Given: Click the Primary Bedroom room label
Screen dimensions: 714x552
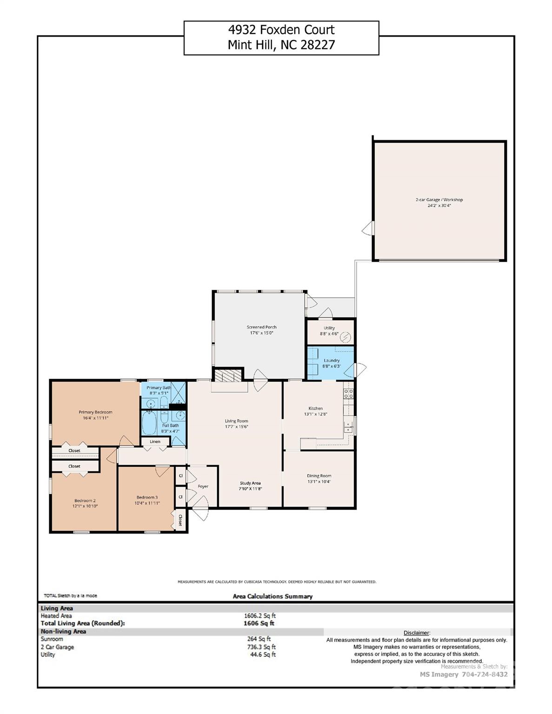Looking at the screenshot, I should pyautogui.click(x=95, y=412).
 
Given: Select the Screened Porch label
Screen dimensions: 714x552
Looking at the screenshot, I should pyautogui.click(x=261, y=327).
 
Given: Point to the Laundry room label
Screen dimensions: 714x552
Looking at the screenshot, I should pyautogui.click(x=332, y=360).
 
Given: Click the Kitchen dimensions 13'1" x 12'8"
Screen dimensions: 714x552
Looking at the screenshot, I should pyautogui.click(x=316, y=414).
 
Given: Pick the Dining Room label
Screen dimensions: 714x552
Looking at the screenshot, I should pyautogui.click(x=319, y=476).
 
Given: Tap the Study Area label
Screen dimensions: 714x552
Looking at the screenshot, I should pyautogui.click(x=250, y=483).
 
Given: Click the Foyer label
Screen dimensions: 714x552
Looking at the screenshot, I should pyautogui.click(x=203, y=487).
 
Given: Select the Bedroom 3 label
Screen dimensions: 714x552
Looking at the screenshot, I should pyautogui.click(x=147, y=497).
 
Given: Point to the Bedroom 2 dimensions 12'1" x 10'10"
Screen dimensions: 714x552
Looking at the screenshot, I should pyautogui.click(x=85, y=506).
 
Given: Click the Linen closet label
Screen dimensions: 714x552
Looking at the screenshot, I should pyautogui.click(x=155, y=442).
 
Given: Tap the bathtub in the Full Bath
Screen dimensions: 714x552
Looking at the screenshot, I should pyautogui.click(x=150, y=423).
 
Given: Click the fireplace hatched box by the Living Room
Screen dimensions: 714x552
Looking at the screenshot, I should pyautogui.click(x=228, y=375).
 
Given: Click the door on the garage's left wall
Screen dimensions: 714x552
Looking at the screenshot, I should pyautogui.click(x=368, y=228).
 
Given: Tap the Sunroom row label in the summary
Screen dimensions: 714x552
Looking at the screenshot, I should pyautogui.click(x=52, y=639).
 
